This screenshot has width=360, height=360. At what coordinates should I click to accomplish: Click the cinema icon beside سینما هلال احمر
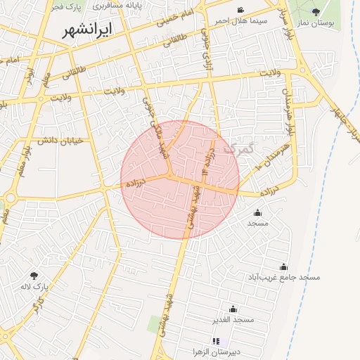click(241, 10)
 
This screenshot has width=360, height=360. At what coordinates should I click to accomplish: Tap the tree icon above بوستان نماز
click(316, 11)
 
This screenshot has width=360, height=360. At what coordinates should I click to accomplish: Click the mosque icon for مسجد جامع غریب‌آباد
click(283, 267)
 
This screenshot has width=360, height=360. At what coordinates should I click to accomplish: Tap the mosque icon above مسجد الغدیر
click(233, 309)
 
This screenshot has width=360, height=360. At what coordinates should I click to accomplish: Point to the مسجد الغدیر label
click(233, 320)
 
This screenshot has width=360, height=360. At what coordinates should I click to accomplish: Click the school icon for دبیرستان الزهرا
click(217, 341)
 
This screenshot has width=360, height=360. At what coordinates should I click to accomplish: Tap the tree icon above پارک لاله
click(34, 276)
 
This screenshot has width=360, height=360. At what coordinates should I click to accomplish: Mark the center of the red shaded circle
click(180, 179)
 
